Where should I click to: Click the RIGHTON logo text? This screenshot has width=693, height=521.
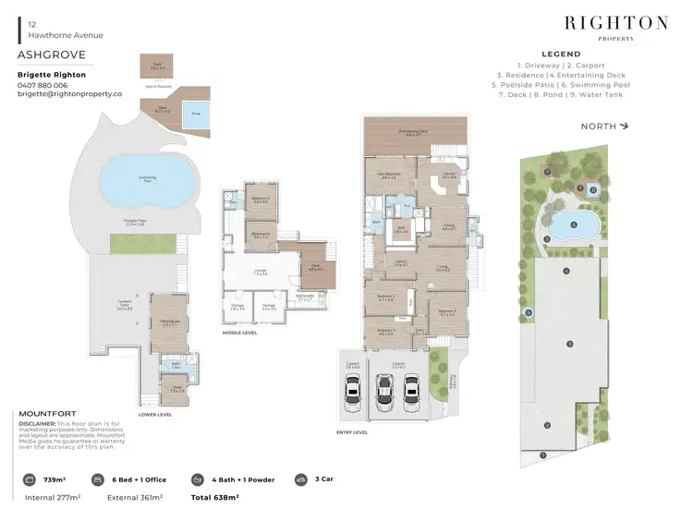(615, 22)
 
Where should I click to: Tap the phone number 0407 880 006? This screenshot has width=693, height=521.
(43, 85)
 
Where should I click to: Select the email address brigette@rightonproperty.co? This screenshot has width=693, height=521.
(69, 94)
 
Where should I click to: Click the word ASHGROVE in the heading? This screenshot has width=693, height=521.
(45, 55)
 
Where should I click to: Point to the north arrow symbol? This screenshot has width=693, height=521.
(626, 126)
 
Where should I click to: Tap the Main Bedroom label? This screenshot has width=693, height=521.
(387, 176)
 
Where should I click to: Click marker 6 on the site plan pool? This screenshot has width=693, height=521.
(573, 223)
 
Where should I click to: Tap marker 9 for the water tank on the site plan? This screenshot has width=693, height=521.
(528, 313)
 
